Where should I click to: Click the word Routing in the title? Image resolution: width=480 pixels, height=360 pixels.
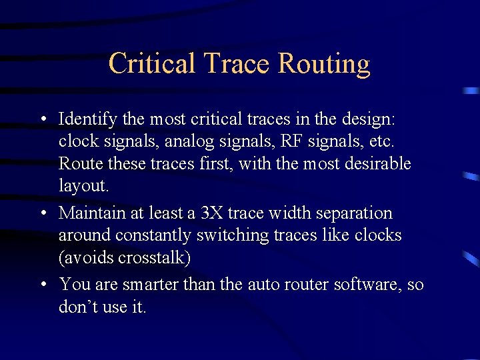tap(324, 64)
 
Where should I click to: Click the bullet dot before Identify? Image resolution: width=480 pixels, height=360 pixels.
tap(42, 120)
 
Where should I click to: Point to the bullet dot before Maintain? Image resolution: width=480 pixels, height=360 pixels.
tap(42, 213)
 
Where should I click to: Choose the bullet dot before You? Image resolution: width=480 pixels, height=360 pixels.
tap(42, 285)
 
